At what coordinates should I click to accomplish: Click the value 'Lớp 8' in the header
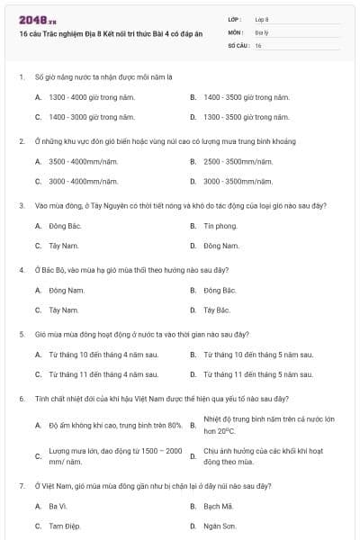(262, 18)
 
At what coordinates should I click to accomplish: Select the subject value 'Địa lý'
(259, 31)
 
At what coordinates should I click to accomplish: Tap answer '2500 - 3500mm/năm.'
(238, 161)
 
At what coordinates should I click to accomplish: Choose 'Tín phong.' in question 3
(220, 225)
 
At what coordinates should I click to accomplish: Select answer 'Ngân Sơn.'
(220, 525)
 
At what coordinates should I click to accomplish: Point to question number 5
(21, 334)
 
